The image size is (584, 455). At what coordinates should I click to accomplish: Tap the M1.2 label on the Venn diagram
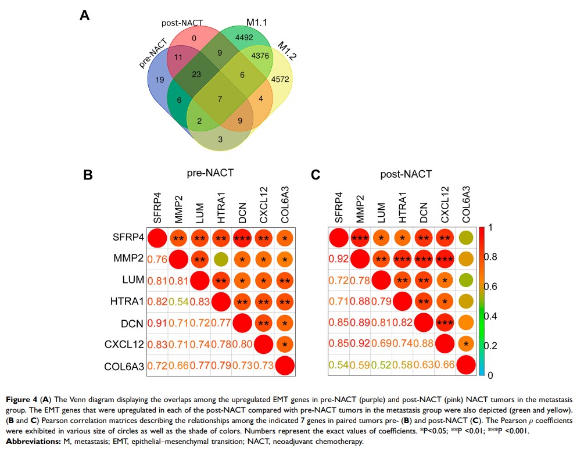click(x=286, y=51)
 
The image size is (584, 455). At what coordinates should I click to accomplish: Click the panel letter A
click(x=85, y=16)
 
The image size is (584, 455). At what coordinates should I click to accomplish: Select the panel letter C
click(x=316, y=174)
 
